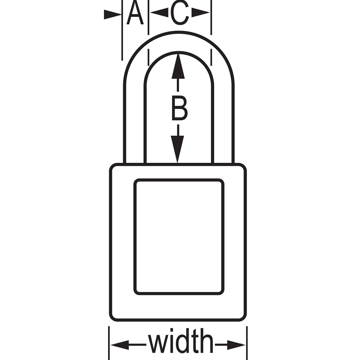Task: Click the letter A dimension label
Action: (x=135, y=13)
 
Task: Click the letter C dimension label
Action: (x=180, y=13)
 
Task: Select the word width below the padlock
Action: (x=180, y=341)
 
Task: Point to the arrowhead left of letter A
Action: (x=112, y=14)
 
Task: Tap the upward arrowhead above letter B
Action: (x=178, y=67)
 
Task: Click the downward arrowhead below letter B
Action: (x=177, y=149)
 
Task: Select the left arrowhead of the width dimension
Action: (x=120, y=345)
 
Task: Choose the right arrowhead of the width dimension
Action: (x=236, y=345)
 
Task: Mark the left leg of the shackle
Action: (x=135, y=124)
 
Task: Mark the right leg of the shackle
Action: (x=224, y=124)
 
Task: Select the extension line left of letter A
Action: (x=122, y=30)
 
